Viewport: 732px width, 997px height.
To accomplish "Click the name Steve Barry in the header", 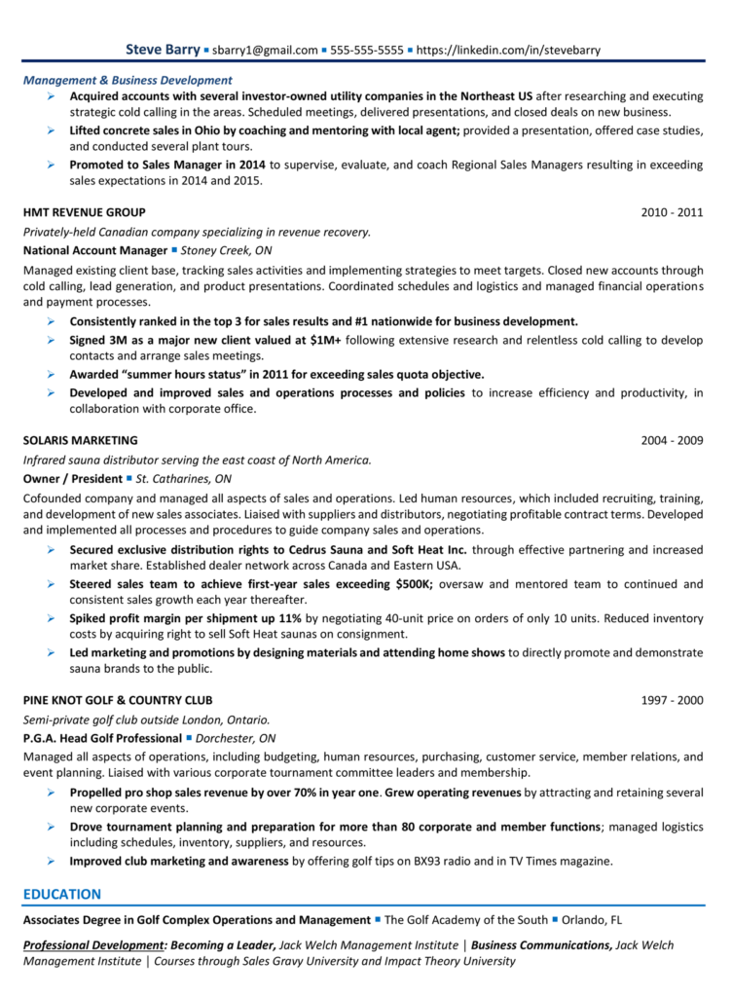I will coord(163,50).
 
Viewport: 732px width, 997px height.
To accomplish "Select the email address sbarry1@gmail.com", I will coord(266,51).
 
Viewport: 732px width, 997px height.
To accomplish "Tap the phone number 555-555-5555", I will coord(367,51).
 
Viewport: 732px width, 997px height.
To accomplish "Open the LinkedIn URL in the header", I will coord(508,51).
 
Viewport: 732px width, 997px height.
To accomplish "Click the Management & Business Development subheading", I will coord(128,80).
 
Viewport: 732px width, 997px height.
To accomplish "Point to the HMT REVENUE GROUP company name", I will coord(85,212).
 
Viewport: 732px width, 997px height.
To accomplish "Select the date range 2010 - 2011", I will coord(672,212).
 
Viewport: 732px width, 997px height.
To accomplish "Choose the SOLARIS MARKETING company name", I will coord(81,440).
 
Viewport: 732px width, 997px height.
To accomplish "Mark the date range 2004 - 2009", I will coord(672,440).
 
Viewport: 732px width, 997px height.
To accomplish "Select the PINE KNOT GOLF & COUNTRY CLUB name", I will coord(118,700).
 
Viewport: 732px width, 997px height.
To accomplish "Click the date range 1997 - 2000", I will coord(672,700).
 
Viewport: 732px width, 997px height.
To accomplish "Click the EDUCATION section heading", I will coord(62,894).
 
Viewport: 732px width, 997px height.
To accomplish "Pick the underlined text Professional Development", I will coord(92,944).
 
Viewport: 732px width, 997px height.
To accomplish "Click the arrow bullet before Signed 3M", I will coord(51,339).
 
